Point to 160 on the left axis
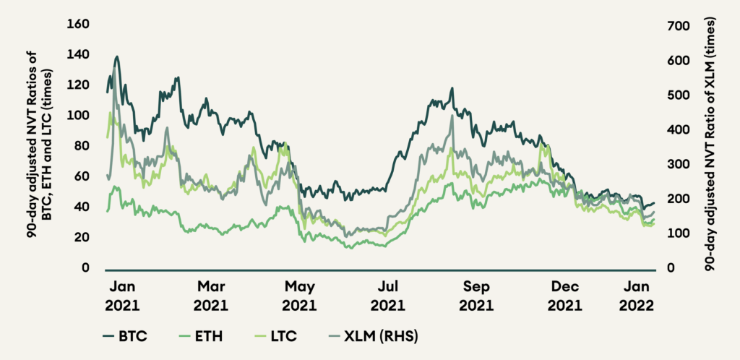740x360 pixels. [78, 25]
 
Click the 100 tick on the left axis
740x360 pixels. [78, 116]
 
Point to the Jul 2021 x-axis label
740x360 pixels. [389, 295]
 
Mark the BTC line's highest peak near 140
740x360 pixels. [116, 56]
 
